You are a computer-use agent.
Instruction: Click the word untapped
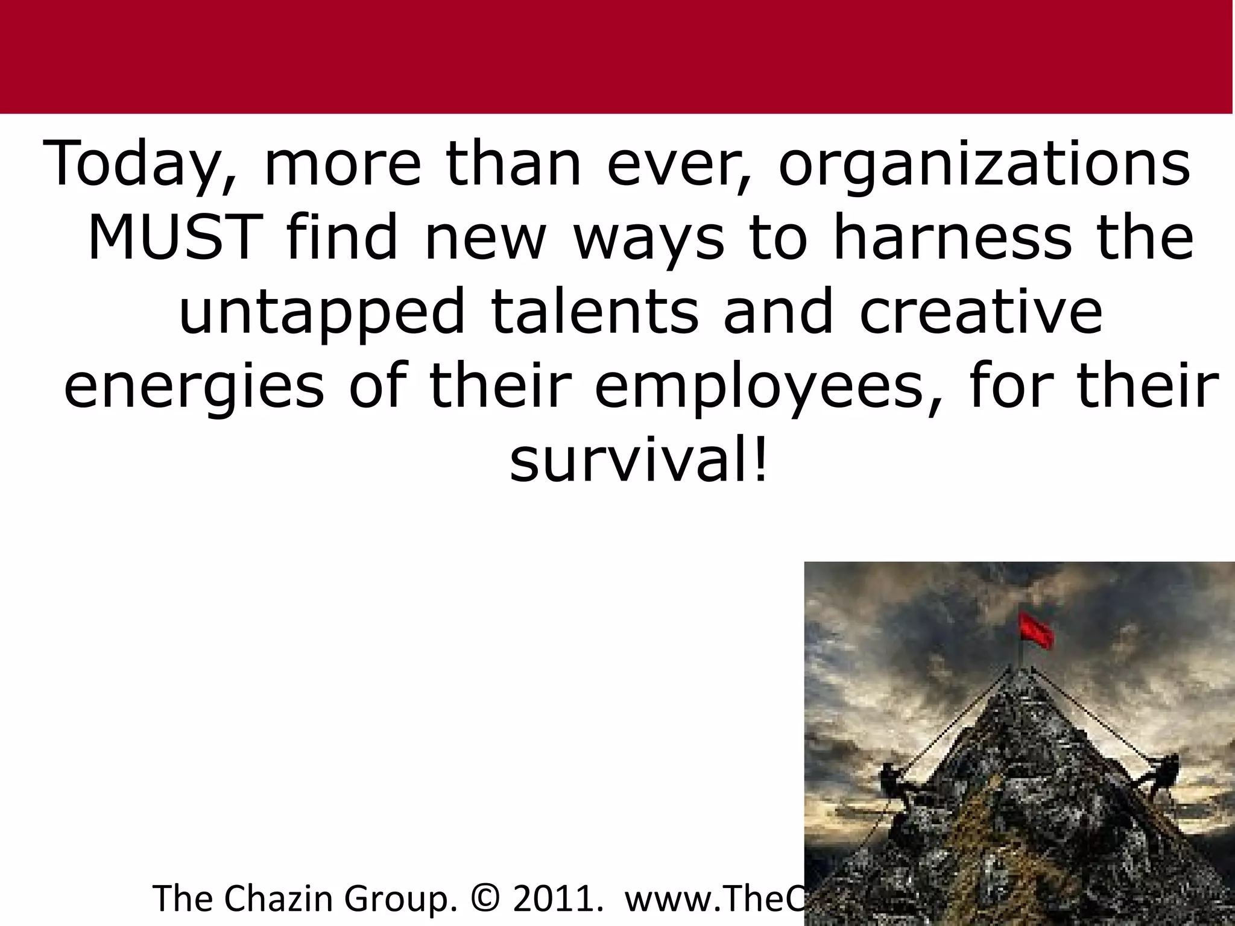pyautogui.click(x=322, y=312)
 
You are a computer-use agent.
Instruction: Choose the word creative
pyautogui.click(x=981, y=312)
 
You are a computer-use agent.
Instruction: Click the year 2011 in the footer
pyautogui.click(x=557, y=898)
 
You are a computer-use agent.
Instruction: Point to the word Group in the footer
pyautogui.click(x=398, y=898)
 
